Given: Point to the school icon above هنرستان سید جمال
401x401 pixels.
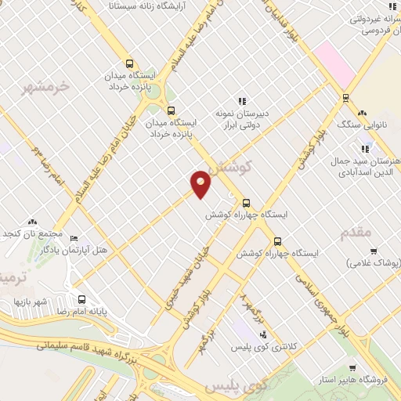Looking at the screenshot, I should click(365, 149).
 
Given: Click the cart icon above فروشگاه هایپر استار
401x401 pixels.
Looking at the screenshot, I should click(352, 369).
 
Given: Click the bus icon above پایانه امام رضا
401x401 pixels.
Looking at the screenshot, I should click(81, 299).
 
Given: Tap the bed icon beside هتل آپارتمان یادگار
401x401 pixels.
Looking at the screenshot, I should click(74, 238).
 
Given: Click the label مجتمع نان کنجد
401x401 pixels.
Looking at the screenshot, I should click(34, 234).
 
